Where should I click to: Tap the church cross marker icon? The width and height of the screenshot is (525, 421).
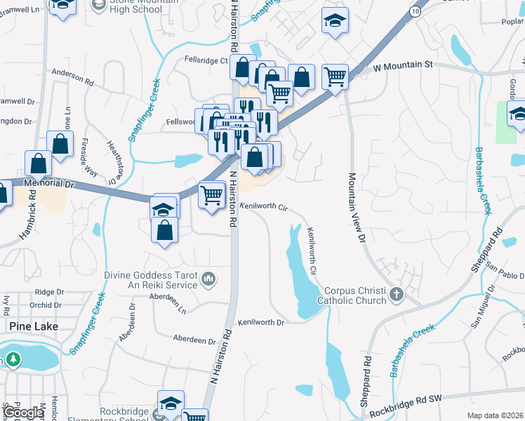pos(397,295)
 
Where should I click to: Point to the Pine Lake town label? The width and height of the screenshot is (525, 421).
pos(34,326)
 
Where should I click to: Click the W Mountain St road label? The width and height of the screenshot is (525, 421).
pos(404,66)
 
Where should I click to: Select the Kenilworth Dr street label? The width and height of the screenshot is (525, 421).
pos(260,323)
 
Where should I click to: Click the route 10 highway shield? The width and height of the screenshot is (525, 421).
pos(416,13)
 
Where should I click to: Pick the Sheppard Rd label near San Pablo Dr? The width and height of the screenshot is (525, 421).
pos(489,248)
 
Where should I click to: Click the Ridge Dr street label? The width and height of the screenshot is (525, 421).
pos(49,291)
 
